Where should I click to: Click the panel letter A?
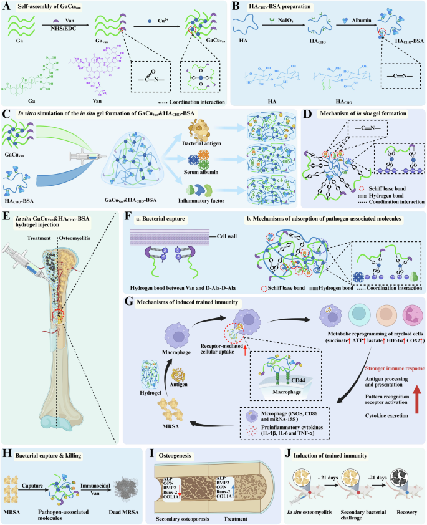click(x=7, y=7)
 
